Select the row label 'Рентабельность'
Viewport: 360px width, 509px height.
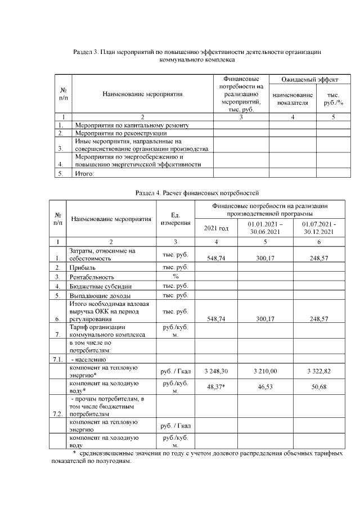click(x=92, y=277)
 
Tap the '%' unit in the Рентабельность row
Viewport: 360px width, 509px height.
click(x=175, y=277)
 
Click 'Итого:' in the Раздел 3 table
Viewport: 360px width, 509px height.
click(x=84, y=174)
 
